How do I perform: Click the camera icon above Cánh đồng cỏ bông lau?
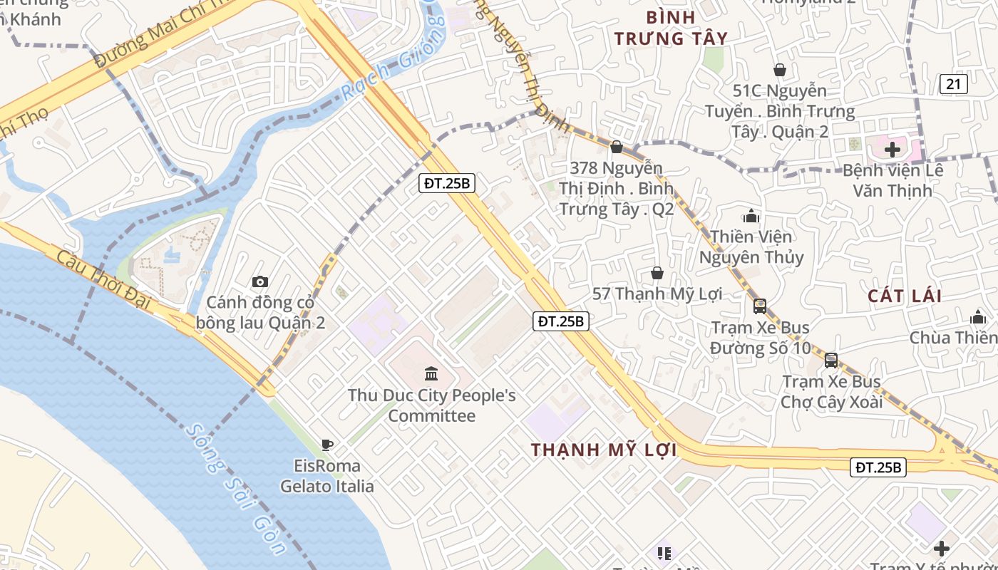pyautogui.click(x=260, y=282)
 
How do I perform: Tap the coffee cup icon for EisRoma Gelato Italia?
pyautogui.click(x=326, y=445)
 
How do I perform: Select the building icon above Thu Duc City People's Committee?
pyautogui.click(x=431, y=373)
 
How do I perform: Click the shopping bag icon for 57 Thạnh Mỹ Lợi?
pyautogui.click(x=657, y=273)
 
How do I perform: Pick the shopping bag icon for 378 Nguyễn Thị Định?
pyautogui.click(x=617, y=147)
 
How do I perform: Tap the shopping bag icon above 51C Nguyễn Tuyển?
pyautogui.click(x=780, y=70)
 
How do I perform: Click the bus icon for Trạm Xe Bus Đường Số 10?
pyautogui.click(x=760, y=306)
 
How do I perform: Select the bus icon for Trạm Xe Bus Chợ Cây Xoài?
pyautogui.click(x=831, y=361)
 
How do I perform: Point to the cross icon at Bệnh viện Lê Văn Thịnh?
pyautogui.click(x=892, y=150)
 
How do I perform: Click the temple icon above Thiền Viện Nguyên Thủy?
pyautogui.click(x=751, y=216)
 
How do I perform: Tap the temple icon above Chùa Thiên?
pyautogui.click(x=978, y=316)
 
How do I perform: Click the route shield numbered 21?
pyautogui.click(x=953, y=84)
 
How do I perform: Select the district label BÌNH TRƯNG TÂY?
pyautogui.click(x=671, y=28)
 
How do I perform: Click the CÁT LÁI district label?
pyautogui.click(x=905, y=296)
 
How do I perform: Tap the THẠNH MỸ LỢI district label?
pyautogui.click(x=604, y=450)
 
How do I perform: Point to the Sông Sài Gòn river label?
pyautogui.click(x=235, y=489)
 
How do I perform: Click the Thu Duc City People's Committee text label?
pyautogui.click(x=431, y=405)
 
